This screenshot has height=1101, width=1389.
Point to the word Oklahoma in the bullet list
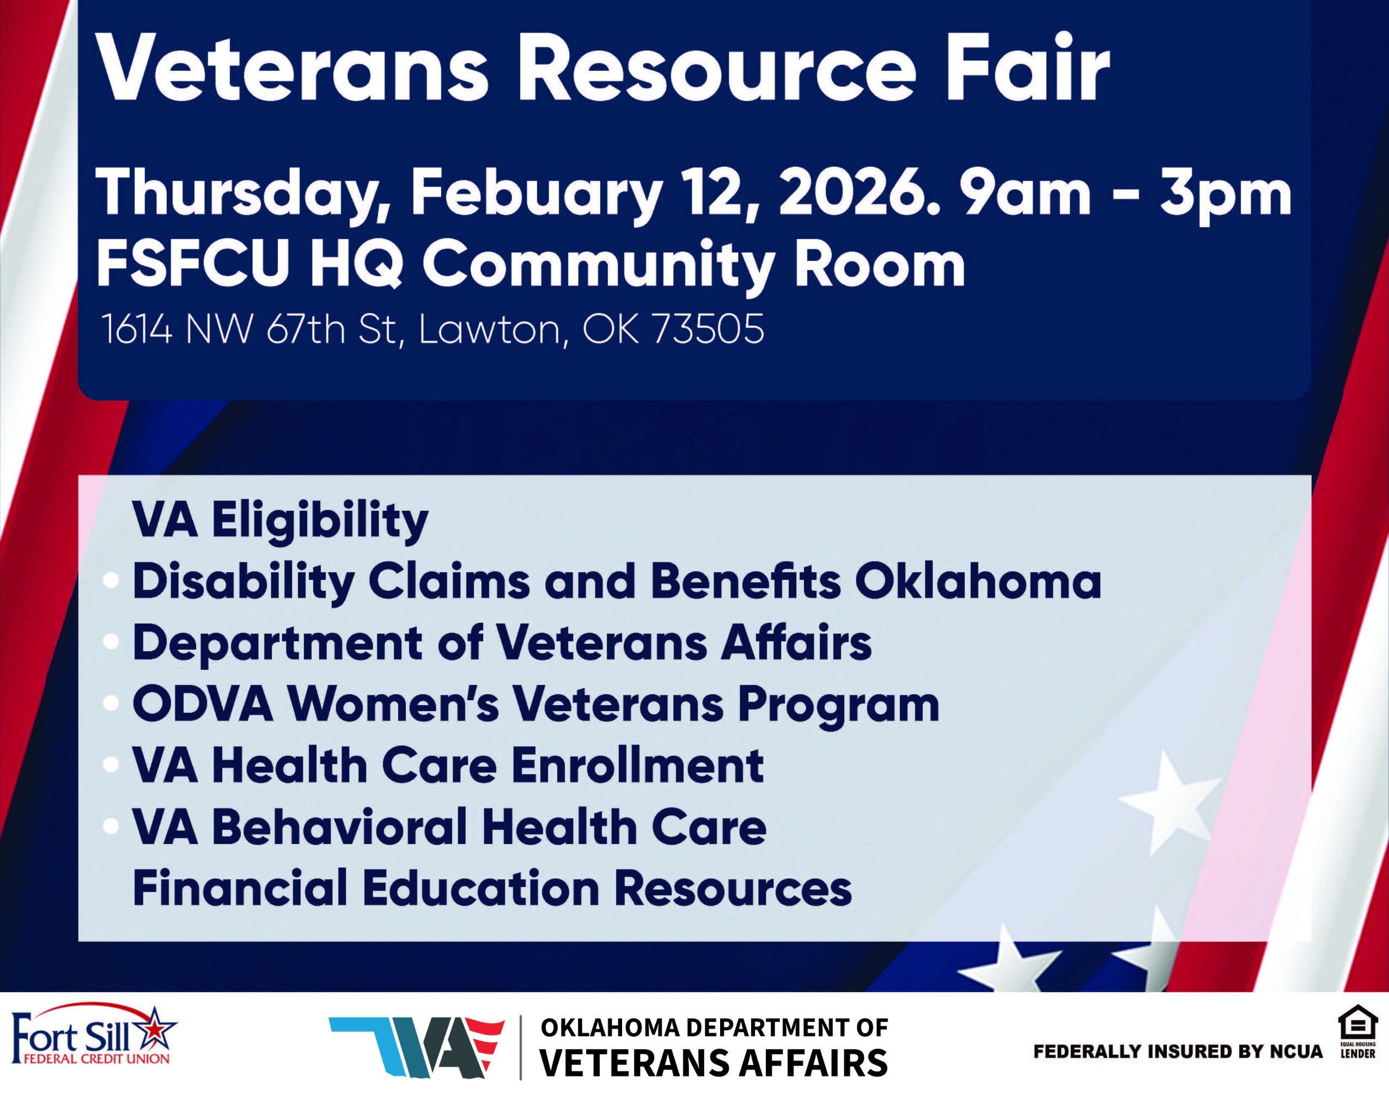pyautogui.click(x=978, y=581)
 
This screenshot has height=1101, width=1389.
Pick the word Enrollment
pyautogui.click(x=638, y=766)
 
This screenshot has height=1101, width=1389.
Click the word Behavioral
pyautogui.click(x=339, y=827)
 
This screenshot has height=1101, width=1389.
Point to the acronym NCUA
pyautogui.click(x=1296, y=1051)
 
